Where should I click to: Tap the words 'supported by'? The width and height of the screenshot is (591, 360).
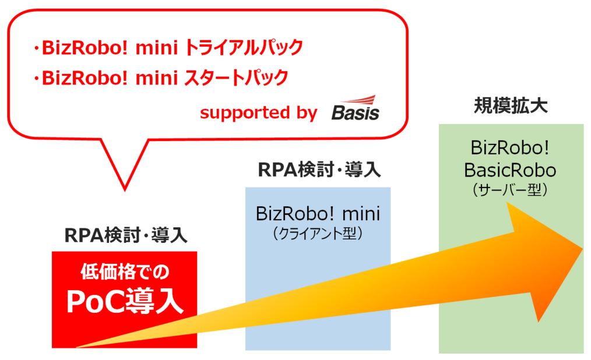[x=258, y=112]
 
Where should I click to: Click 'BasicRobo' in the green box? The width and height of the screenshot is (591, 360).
[x=511, y=170]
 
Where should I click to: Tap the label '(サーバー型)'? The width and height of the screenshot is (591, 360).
[x=511, y=190]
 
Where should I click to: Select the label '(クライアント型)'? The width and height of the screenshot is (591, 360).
[x=318, y=234]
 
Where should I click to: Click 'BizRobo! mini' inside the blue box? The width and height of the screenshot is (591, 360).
[x=318, y=214]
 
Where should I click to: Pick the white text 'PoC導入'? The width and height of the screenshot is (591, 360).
[x=124, y=302]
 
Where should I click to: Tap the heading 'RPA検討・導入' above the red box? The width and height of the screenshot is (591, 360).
[x=125, y=235]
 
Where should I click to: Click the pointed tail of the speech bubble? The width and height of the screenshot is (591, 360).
[x=124, y=188]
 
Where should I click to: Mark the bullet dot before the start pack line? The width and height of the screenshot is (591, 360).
[x=36, y=78]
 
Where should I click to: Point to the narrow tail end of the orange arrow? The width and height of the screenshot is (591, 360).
[x=79, y=347]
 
